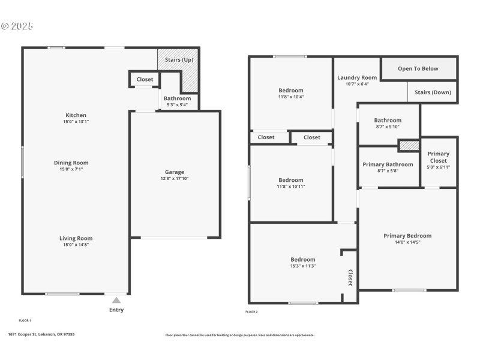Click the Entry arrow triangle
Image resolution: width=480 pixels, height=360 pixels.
pyautogui.click(x=116, y=300)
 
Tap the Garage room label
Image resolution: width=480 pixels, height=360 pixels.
pyautogui.click(x=175, y=172)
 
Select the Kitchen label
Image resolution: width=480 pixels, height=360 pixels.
pyautogui.click(x=76, y=115)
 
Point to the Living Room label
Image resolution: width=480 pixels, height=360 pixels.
pyautogui.click(x=76, y=238)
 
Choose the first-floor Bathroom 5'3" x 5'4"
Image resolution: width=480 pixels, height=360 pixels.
pyautogui.click(x=177, y=101)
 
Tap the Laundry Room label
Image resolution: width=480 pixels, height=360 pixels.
pyautogui.click(x=357, y=77)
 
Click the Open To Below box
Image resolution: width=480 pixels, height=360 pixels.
pyautogui.click(x=418, y=68)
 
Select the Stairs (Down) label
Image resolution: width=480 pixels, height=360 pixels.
pyautogui.click(x=433, y=92)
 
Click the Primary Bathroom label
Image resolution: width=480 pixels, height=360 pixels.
pyautogui.click(x=388, y=164)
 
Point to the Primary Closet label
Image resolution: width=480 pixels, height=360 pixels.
pyautogui.click(x=438, y=157)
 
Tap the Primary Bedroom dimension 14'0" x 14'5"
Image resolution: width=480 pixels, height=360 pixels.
pyautogui.click(x=407, y=242)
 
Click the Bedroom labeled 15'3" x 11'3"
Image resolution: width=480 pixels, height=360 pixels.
pyautogui.click(x=303, y=263)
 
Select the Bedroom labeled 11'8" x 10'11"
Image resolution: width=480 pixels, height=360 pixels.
pyautogui.click(x=291, y=184)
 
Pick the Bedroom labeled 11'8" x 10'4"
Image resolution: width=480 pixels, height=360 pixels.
pyautogui.click(x=291, y=94)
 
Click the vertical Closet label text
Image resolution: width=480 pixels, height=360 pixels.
pyautogui.click(x=350, y=277)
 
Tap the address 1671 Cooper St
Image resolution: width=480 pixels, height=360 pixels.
pyautogui.click(x=41, y=334)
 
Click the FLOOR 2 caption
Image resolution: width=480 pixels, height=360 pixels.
pyautogui.click(x=251, y=312)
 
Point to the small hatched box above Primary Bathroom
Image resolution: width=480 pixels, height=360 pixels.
pyautogui.click(x=409, y=146)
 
